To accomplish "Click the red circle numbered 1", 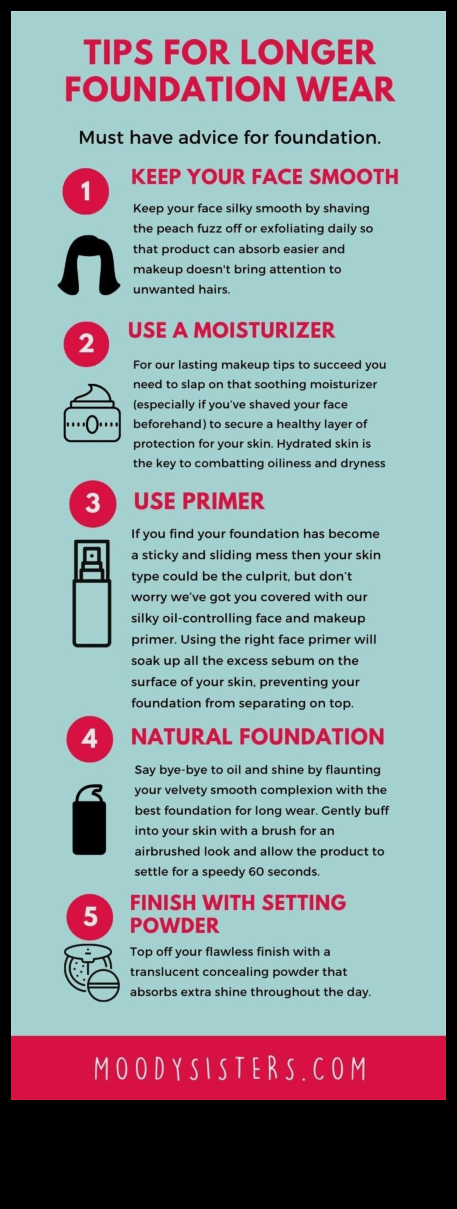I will pyautogui.click(x=85, y=191).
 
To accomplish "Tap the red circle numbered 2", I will pyautogui.click(x=86, y=344).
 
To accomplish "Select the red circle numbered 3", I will pyautogui.click(x=92, y=503).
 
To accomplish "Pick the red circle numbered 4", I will pyautogui.click(x=90, y=738).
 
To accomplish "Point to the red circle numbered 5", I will pyautogui.click(x=90, y=917).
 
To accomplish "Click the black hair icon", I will pyautogui.click(x=89, y=266).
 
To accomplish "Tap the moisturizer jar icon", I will pyautogui.click(x=92, y=414).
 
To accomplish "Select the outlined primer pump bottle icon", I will pyautogui.click(x=92, y=593).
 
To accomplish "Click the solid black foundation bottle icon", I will pyautogui.click(x=90, y=820).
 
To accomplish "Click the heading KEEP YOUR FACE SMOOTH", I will pyautogui.click(x=265, y=177).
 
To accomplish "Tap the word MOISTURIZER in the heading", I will pyautogui.click(x=264, y=330).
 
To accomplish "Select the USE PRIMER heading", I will pyautogui.click(x=199, y=501).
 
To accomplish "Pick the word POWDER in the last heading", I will pyautogui.click(x=174, y=925).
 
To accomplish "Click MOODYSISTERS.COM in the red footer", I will pyautogui.click(x=230, y=1068).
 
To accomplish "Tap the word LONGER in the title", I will pyautogui.click(x=307, y=53).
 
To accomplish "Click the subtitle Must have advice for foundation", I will pyautogui.click(x=230, y=137).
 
